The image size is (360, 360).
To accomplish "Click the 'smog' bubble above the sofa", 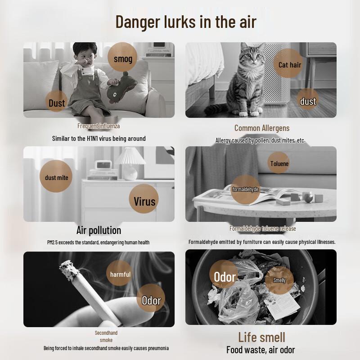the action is point(122,57).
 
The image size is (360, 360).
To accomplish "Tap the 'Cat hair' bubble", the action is point(288,63).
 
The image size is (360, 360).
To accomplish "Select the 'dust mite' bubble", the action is point(56,176).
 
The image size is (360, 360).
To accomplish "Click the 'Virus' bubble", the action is point(144,199).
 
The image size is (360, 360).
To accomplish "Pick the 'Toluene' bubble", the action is point(279,163).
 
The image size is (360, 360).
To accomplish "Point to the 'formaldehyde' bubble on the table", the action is point(245,189).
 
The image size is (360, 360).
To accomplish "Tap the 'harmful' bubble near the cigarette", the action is point(119,273).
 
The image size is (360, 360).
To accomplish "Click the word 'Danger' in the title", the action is point(138,22).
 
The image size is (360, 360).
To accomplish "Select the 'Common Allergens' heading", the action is point(262,128).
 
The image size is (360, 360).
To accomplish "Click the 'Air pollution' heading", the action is point(99,230).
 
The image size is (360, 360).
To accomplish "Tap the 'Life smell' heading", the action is point(261,337).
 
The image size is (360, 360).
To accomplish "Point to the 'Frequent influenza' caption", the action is point(99,126).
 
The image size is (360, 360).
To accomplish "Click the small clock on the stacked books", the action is point(103,165).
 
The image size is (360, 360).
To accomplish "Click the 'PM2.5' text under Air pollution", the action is point(52,243).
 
